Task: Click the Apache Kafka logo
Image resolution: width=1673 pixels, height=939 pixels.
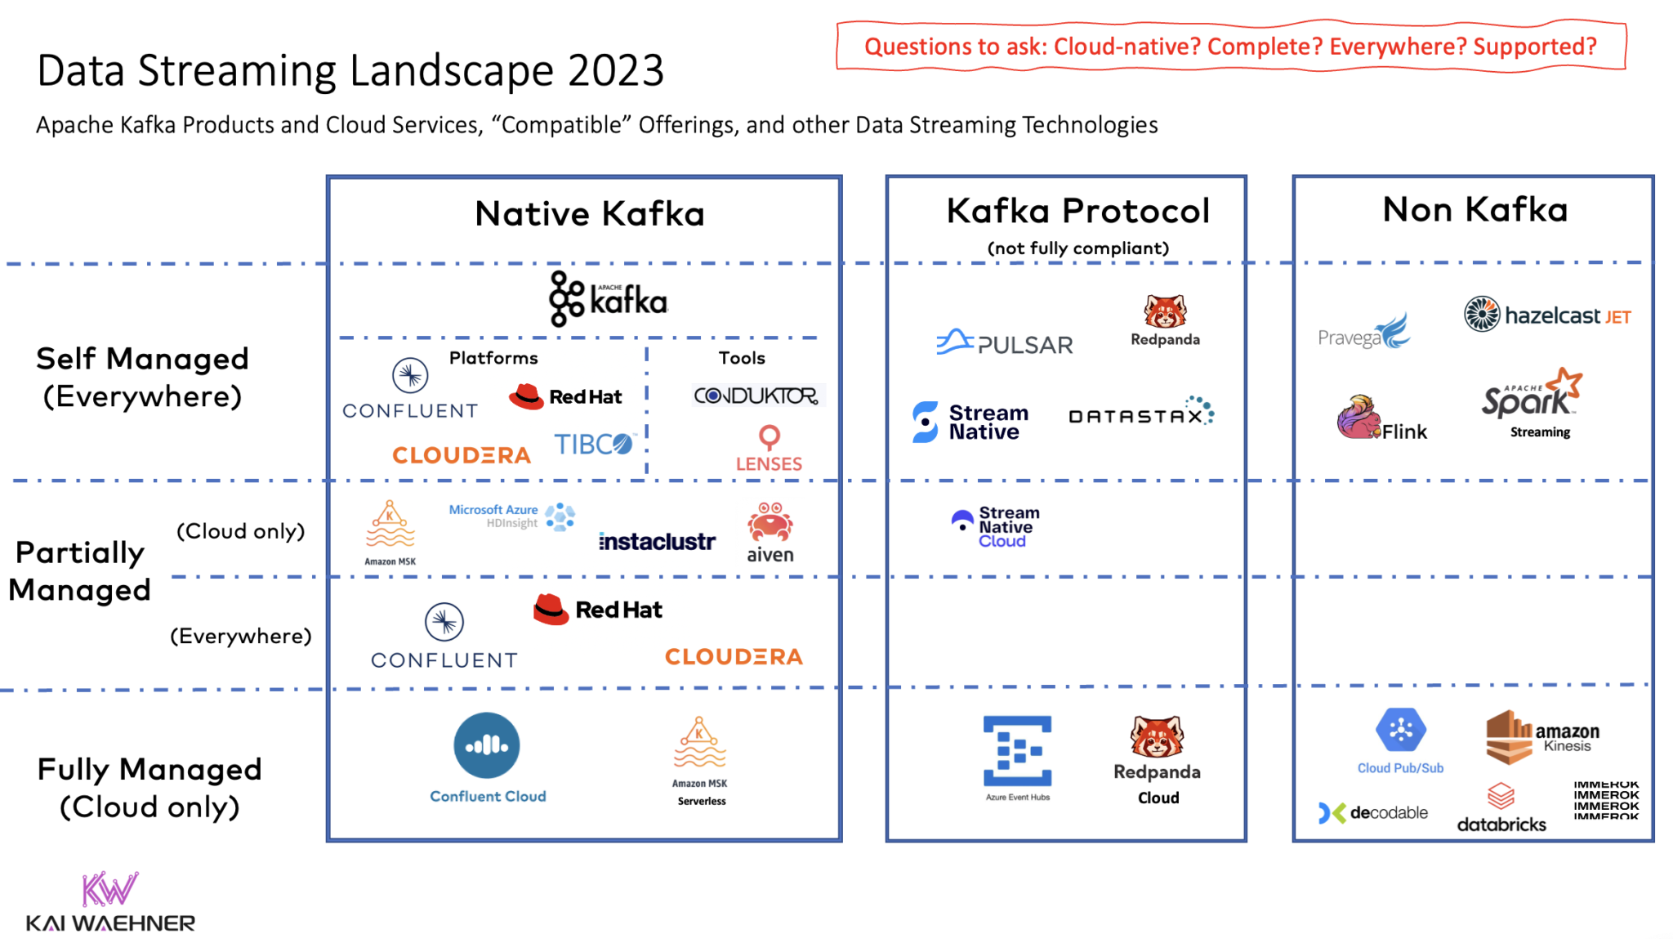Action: tap(608, 299)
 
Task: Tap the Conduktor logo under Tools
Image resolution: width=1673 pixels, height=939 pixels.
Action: tap(756, 396)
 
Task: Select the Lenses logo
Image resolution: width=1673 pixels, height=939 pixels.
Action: tap(769, 449)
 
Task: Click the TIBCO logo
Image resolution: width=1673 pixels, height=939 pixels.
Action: tap(594, 444)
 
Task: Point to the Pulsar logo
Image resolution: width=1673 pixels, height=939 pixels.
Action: tap(1005, 343)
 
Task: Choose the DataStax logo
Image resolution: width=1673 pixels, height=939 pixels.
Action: tap(1140, 414)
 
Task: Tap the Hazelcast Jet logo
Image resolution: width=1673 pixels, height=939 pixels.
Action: tap(1547, 315)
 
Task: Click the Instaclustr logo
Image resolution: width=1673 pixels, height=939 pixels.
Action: tap(657, 541)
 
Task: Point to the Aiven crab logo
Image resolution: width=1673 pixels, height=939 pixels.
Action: tap(770, 523)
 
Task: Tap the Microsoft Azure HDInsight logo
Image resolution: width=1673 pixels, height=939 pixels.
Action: tap(512, 516)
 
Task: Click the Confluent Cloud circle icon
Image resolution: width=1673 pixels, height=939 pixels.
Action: tap(487, 744)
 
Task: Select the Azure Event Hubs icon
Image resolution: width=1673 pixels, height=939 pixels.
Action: tap(1017, 751)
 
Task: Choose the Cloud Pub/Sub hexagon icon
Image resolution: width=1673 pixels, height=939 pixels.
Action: tap(1400, 730)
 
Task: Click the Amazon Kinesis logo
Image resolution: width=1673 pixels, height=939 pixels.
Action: tap(1541, 736)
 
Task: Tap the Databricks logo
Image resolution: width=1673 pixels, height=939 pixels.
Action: tap(1501, 808)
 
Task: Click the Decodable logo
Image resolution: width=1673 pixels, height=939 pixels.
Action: tap(1373, 812)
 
